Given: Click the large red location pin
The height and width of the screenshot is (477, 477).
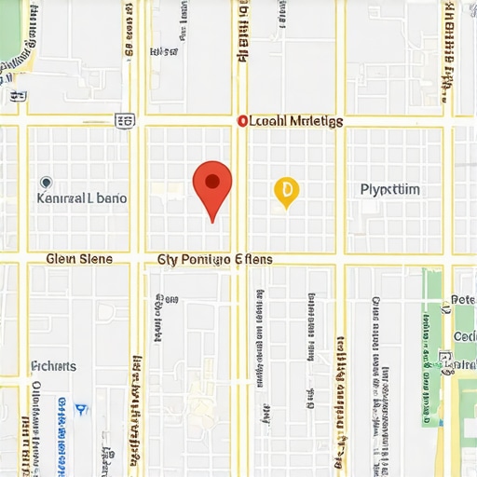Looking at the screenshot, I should pyautogui.click(x=212, y=185).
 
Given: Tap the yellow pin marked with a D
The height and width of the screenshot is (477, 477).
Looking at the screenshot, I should pyautogui.click(x=286, y=191).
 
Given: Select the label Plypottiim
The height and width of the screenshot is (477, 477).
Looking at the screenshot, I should pyautogui.click(x=389, y=189).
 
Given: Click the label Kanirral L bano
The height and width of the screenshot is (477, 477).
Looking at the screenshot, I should pyautogui.click(x=81, y=198).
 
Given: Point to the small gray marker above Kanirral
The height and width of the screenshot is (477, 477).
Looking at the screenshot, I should pyautogui.click(x=47, y=183).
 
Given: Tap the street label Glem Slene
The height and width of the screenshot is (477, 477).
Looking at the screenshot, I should pyautogui.click(x=79, y=259).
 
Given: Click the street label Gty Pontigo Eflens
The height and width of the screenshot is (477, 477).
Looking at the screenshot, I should pyautogui.click(x=214, y=259).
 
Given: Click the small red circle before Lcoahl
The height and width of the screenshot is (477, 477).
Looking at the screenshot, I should pyautogui.click(x=242, y=121).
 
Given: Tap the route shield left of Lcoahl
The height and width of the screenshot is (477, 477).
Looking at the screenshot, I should pyautogui.click(x=124, y=120).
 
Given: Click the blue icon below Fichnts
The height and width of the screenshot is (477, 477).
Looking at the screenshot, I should pyautogui.click(x=81, y=408).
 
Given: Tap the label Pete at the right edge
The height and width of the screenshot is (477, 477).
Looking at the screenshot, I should pyautogui.click(x=464, y=300).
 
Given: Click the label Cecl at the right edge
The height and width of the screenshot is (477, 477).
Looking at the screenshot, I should pyautogui.click(x=464, y=336).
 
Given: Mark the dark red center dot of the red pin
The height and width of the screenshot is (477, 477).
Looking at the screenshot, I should pyautogui.click(x=212, y=180).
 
